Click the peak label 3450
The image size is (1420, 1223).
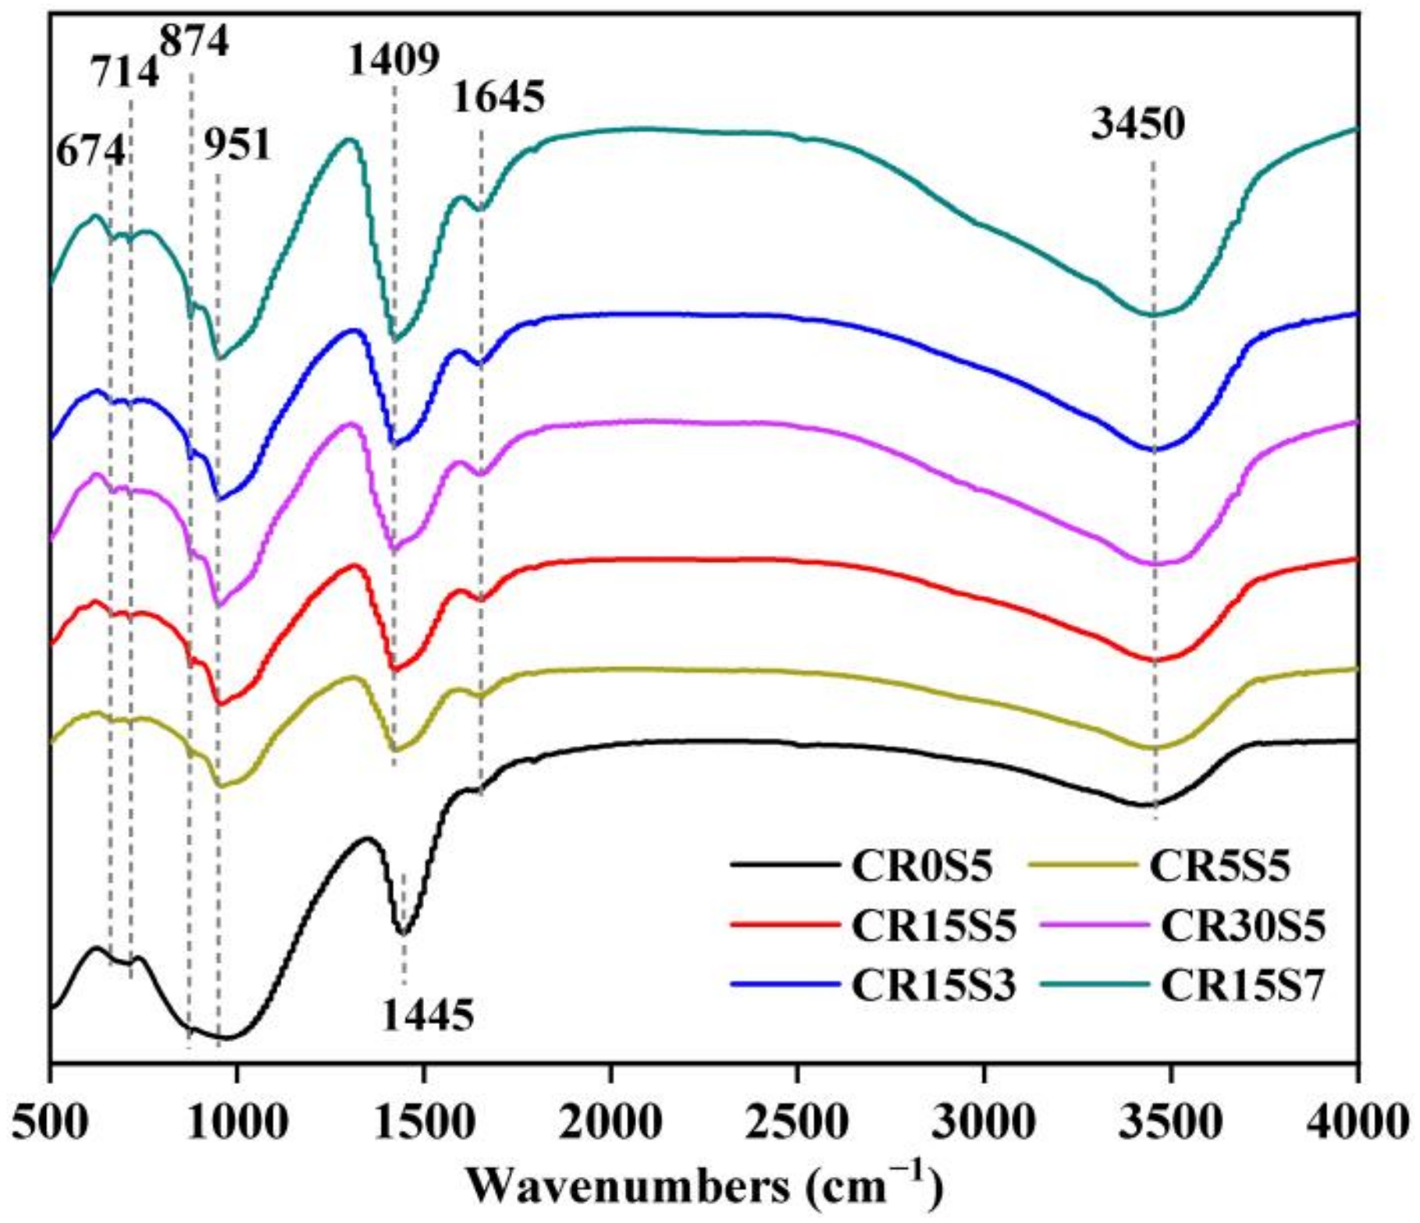click(1137, 125)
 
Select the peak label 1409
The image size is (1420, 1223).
click(394, 60)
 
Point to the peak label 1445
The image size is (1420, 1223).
click(428, 1016)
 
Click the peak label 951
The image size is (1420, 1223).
click(237, 145)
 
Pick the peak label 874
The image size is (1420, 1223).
click(194, 41)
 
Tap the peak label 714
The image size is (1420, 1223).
click(125, 74)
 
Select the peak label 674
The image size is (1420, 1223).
click(91, 150)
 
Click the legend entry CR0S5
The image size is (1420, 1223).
click(921, 866)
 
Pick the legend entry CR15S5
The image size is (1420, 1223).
click(934, 926)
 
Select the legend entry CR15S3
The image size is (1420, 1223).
click(934, 986)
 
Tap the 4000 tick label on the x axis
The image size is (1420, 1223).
click(1358, 1122)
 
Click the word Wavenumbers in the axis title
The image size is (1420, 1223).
click(628, 1188)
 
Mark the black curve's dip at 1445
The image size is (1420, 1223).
click(403, 933)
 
